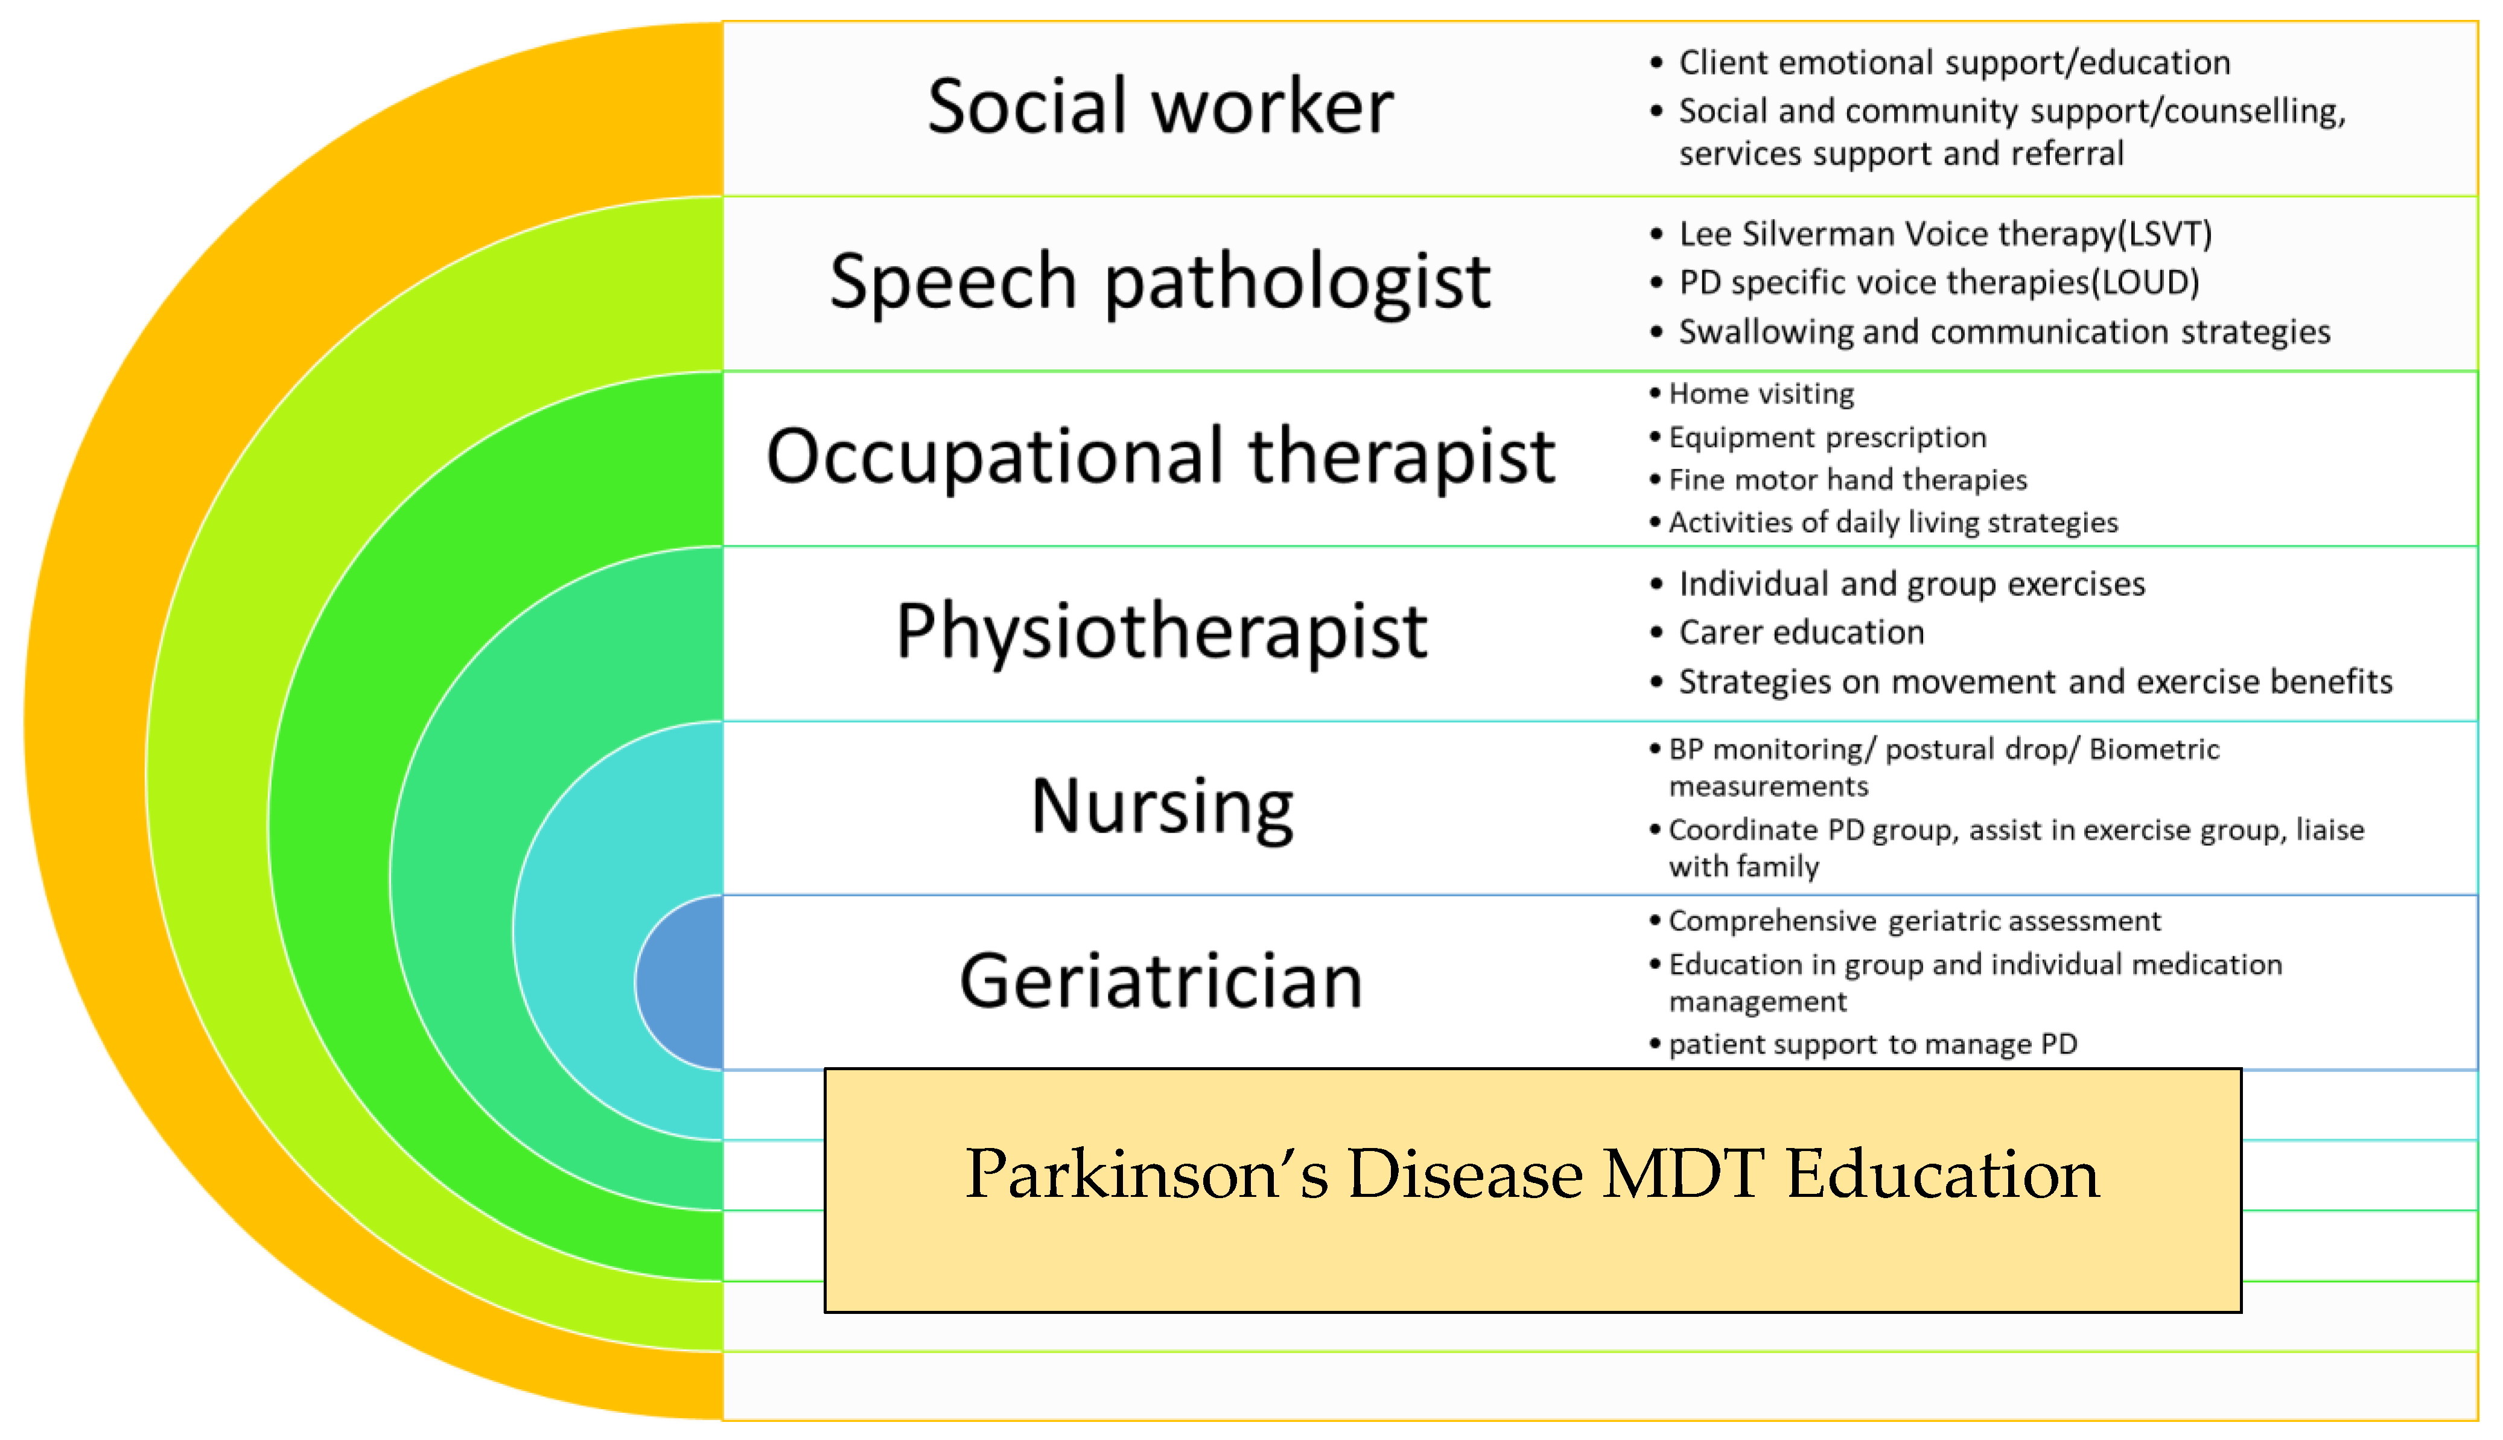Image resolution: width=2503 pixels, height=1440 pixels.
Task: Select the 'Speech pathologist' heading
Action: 1160,283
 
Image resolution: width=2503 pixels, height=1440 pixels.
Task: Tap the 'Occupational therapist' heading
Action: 1161,457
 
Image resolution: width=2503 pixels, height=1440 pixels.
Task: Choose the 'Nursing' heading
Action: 1162,807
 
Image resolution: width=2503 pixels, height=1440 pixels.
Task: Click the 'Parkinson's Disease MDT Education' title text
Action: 1532,1174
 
